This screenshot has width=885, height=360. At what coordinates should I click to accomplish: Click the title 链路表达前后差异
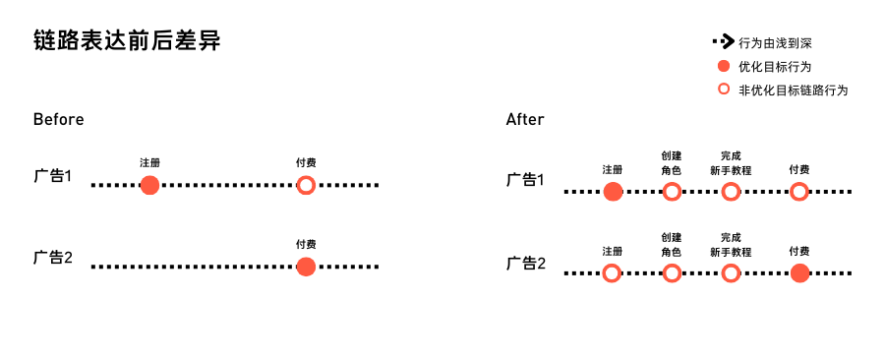pos(127,41)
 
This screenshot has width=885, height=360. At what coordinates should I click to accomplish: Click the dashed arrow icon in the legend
pos(723,42)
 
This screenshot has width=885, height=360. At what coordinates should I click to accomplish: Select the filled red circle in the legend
pos(723,67)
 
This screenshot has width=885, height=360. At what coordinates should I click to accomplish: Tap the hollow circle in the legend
pos(723,90)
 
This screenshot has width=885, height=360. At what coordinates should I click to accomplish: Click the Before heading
pos(58,120)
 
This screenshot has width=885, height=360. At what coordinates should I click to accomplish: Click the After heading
pos(525,120)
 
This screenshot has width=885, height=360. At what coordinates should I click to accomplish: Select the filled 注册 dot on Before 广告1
pos(149,185)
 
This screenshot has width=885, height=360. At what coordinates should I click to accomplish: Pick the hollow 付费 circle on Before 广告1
pos(306,185)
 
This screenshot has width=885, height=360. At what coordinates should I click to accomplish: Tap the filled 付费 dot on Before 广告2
pos(306,266)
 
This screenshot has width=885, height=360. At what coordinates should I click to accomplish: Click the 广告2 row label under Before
pos(54,258)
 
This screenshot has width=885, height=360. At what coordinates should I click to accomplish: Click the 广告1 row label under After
pos(526,180)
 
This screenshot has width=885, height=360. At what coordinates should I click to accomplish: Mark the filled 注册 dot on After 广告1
pos(613,192)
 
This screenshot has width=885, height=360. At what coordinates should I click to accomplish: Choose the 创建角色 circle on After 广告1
pos(672,192)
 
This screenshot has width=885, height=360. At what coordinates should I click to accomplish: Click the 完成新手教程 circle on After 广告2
pos(731,273)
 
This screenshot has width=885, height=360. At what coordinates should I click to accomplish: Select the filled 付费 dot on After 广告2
pos(799,273)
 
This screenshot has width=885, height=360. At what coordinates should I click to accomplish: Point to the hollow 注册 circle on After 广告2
pos(612,273)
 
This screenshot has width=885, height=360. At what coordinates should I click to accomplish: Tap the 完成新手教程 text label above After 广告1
pos(731,162)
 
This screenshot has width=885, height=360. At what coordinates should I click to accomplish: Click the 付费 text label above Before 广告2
pos(306,244)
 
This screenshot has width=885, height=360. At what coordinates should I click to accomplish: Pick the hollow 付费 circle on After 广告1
pos(799,192)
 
